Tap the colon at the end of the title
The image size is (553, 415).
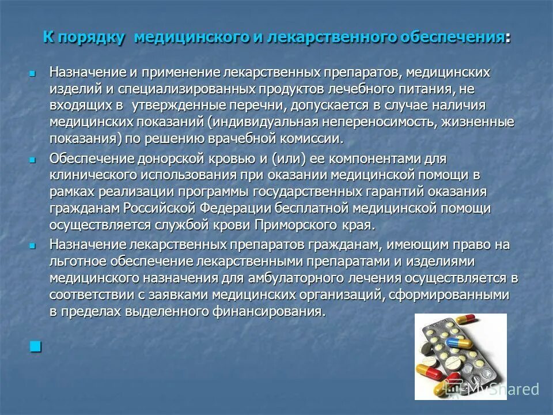[x=507, y=38]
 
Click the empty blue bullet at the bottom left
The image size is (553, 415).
[x=36, y=346]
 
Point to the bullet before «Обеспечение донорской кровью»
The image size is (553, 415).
[x=33, y=159]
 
